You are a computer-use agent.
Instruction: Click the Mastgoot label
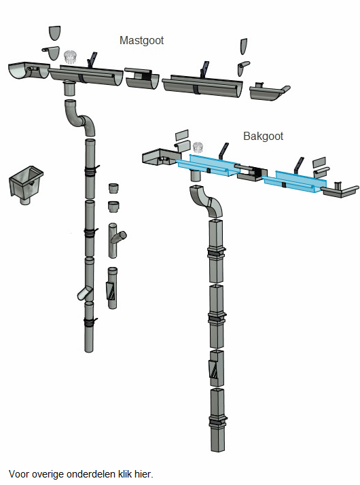(x=141, y=41)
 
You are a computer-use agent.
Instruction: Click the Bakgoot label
(x=263, y=136)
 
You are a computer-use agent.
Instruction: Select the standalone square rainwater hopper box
(x=26, y=184)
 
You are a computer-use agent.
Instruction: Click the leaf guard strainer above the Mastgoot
(x=70, y=57)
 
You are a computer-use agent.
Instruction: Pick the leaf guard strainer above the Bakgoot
(x=198, y=147)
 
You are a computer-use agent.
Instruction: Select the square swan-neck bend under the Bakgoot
(x=206, y=201)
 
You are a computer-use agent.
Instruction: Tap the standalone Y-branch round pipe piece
(x=115, y=240)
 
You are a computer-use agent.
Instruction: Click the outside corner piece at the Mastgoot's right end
(x=270, y=92)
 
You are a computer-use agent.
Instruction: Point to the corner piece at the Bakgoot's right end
(x=340, y=190)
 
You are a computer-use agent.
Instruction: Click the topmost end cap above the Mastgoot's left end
(x=55, y=33)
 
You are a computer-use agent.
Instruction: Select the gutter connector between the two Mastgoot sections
(x=142, y=78)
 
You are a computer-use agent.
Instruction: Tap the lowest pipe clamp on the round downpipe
(x=90, y=322)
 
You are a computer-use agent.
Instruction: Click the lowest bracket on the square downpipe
(x=218, y=421)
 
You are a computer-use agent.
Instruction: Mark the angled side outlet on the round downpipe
(x=84, y=293)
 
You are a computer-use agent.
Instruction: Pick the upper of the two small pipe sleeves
(x=114, y=188)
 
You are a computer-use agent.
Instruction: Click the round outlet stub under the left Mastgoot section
(x=70, y=89)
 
